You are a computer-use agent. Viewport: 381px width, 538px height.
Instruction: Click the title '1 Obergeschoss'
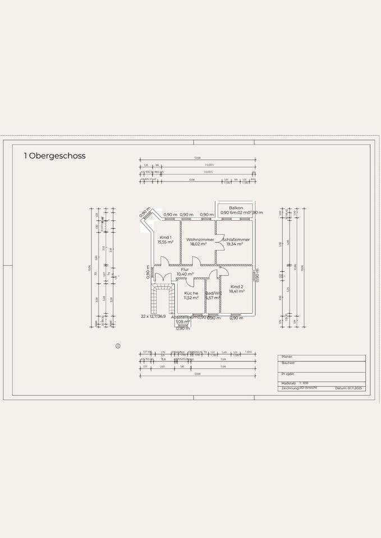pyautogui.click(x=54, y=156)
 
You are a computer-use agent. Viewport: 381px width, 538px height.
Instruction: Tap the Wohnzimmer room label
pyautogui.click(x=200, y=239)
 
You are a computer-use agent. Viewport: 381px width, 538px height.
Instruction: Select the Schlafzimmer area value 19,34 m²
pyautogui.click(x=235, y=244)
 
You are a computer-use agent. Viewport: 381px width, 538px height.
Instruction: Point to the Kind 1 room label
pyautogui.click(x=166, y=237)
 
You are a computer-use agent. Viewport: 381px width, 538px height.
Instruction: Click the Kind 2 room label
pyautogui.click(x=237, y=286)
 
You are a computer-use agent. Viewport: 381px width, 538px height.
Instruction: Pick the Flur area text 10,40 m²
pyautogui.click(x=185, y=274)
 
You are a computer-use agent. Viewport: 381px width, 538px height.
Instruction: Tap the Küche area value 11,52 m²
pyautogui.click(x=191, y=298)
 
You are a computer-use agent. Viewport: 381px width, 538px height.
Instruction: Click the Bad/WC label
pyautogui.click(x=213, y=293)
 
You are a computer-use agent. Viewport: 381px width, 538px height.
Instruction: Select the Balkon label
pyautogui.click(x=236, y=208)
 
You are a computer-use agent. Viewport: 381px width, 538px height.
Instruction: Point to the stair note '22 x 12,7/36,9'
pyautogui.click(x=157, y=317)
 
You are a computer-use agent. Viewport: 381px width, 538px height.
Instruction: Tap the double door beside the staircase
pyautogui.click(x=163, y=277)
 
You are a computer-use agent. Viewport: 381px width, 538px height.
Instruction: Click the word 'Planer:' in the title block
pyautogui.click(x=287, y=356)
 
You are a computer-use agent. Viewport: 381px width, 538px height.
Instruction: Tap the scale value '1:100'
pyautogui.click(x=304, y=383)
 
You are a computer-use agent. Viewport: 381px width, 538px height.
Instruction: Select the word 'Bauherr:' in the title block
pyautogui.click(x=288, y=363)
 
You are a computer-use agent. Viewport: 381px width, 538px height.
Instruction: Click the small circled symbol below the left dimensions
pyautogui.click(x=117, y=346)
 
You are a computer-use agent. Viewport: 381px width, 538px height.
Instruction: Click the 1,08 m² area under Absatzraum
pyautogui.click(x=182, y=322)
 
